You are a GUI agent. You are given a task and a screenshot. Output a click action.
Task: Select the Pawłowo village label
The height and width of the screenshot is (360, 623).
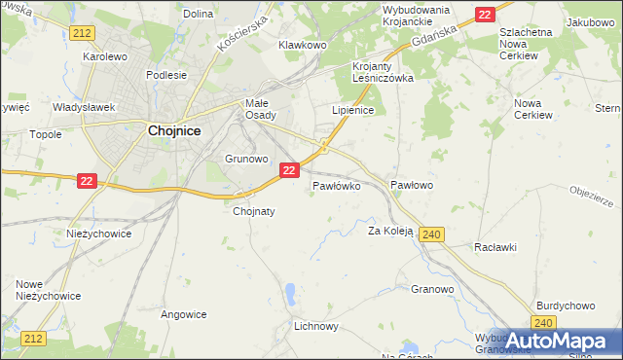click(x=411, y=184)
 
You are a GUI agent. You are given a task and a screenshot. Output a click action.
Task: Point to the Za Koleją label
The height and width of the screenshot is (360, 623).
click(x=390, y=232)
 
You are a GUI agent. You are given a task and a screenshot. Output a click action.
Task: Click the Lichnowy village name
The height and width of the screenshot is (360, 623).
click(x=315, y=326)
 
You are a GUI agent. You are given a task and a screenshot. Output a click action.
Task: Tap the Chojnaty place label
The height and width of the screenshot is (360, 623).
click(x=254, y=210)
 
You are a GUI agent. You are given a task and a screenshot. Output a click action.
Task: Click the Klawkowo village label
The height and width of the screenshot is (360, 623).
click(x=302, y=45)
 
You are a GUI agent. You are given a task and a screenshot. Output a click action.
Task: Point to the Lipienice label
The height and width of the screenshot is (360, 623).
click(x=353, y=111)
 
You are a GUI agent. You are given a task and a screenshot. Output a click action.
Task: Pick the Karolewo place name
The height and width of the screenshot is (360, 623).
click(x=106, y=56)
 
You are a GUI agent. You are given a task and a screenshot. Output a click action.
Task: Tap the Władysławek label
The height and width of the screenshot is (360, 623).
click(x=85, y=107)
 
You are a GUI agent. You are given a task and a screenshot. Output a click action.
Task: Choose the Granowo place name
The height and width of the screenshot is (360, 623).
click(x=433, y=289)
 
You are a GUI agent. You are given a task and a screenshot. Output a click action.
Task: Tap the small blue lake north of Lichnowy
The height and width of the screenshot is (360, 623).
click(x=290, y=291)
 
